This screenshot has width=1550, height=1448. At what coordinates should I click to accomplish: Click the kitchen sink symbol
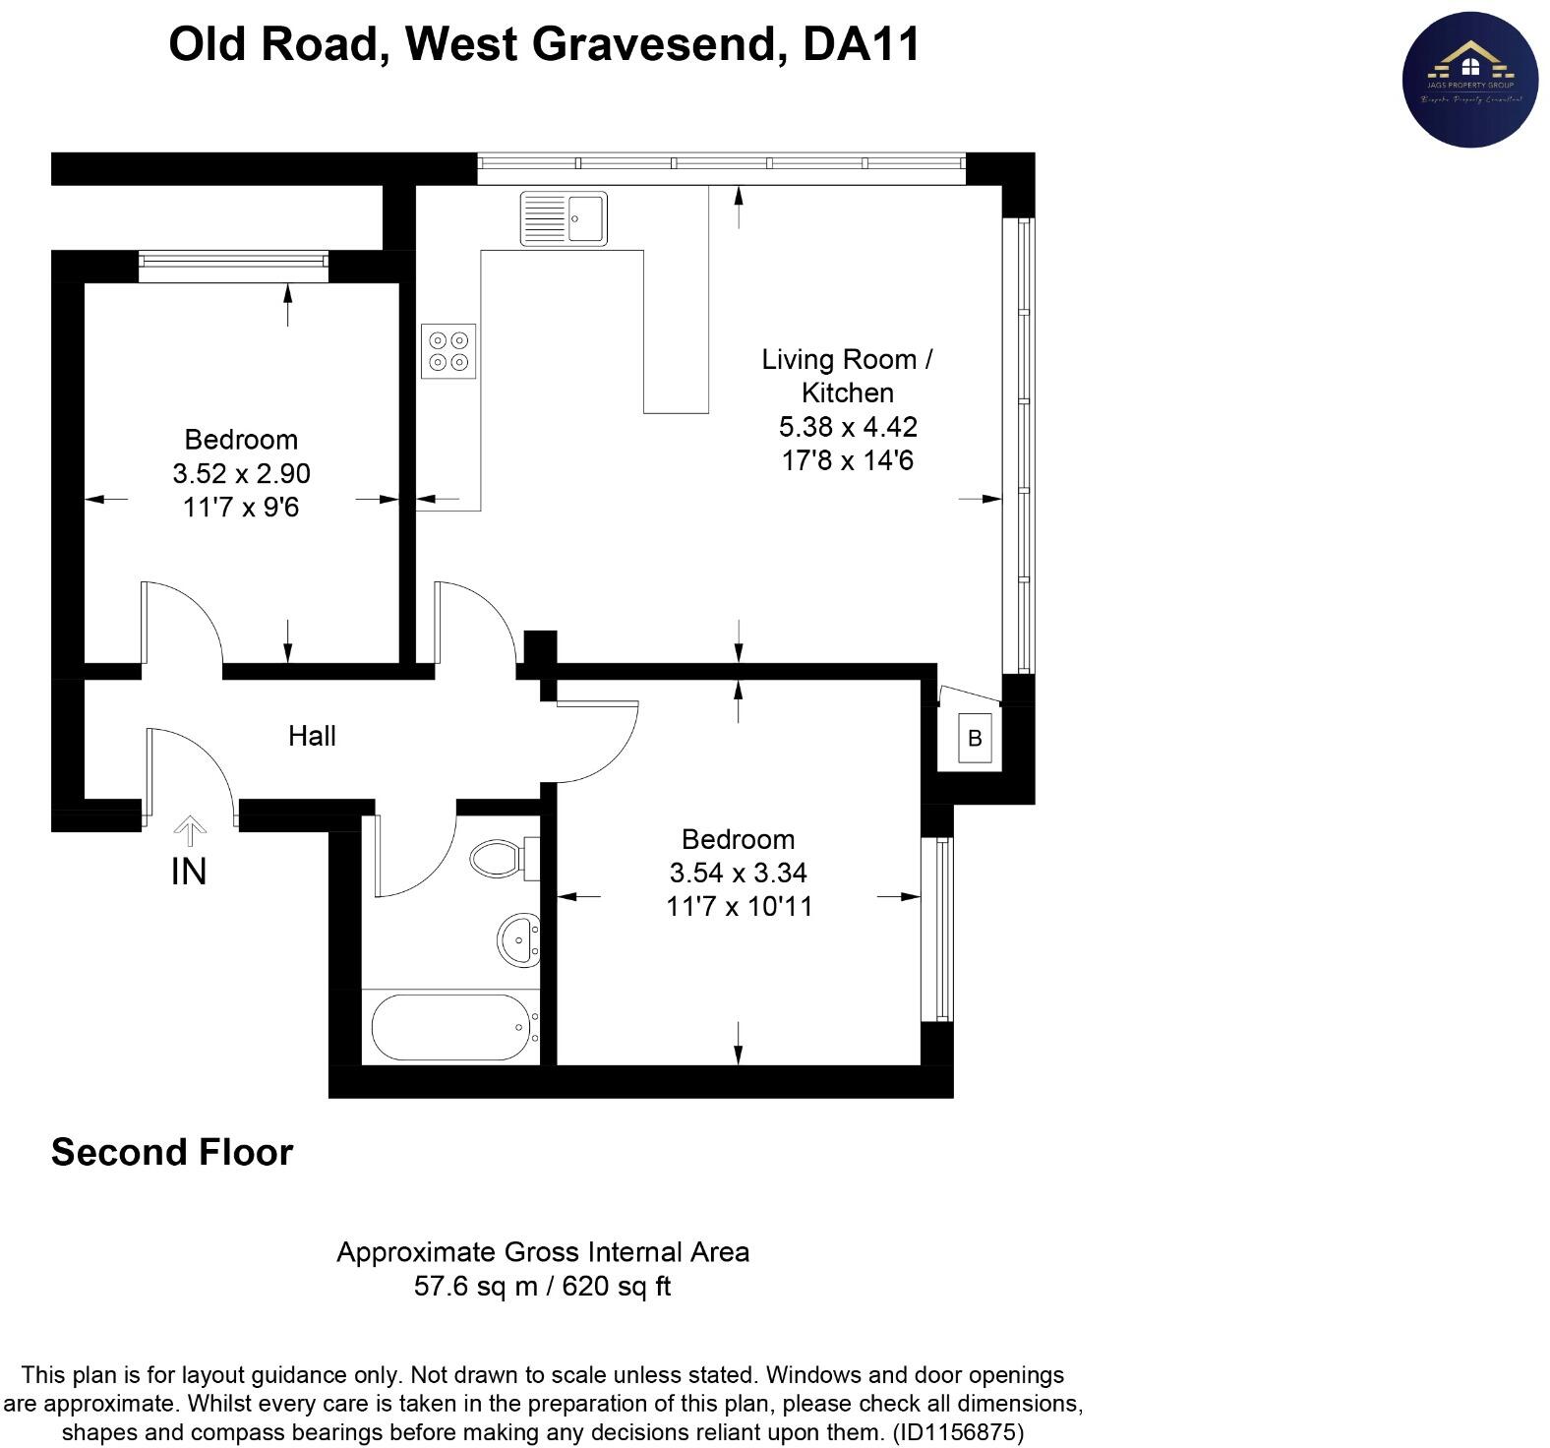coord(564,217)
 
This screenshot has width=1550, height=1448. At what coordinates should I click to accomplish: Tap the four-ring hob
coord(448,351)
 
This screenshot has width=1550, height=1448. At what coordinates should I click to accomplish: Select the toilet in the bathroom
coord(501,858)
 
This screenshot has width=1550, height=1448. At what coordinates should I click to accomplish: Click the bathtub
coord(451,1027)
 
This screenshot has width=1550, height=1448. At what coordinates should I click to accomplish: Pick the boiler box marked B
coord(975,738)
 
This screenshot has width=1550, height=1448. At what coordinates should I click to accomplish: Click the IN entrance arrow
coord(190,831)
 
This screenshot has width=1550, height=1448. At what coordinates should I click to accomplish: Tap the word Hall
coord(312,736)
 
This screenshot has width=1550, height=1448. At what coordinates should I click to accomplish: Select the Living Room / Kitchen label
coord(847,376)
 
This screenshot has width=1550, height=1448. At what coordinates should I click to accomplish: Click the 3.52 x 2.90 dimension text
coord(241,474)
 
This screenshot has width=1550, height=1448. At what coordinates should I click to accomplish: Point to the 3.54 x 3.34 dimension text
coord(739,873)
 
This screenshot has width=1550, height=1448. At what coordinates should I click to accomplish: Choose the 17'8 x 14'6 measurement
coord(847,460)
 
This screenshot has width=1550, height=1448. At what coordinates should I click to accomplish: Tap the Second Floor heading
coord(172,1152)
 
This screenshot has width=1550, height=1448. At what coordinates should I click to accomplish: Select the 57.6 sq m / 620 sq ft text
coord(542,1287)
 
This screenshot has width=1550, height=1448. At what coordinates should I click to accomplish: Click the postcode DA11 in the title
coord(862,44)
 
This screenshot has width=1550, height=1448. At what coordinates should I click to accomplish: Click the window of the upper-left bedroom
coord(233,260)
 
